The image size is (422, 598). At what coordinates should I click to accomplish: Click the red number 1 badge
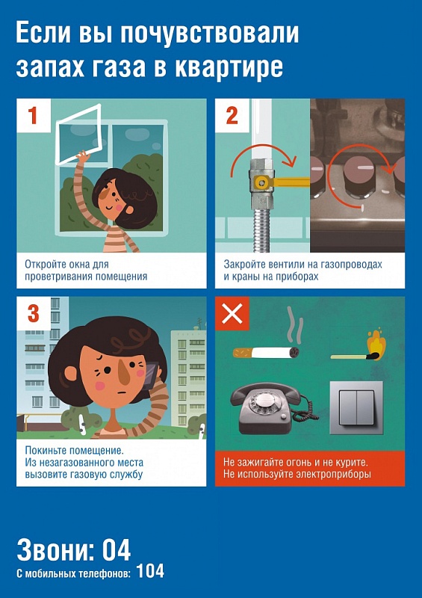(34, 116)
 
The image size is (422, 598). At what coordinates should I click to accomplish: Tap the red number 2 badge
(232, 116)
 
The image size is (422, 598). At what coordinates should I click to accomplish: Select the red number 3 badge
(34, 313)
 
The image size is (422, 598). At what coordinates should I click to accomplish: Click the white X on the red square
(232, 313)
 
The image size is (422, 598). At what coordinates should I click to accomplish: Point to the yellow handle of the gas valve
(283, 182)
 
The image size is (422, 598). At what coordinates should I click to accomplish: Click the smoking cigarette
(266, 351)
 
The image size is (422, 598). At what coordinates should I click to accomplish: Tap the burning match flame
(376, 345)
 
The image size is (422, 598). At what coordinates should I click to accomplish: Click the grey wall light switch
(356, 407)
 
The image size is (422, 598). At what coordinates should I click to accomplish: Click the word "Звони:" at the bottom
(55, 549)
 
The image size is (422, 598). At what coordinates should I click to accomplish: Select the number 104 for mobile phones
(150, 571)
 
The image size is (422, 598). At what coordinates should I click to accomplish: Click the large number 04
(117, 549)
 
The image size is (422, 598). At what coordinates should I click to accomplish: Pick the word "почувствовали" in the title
(210, 33)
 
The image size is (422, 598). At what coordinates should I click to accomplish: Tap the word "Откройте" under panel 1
(46, 264)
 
